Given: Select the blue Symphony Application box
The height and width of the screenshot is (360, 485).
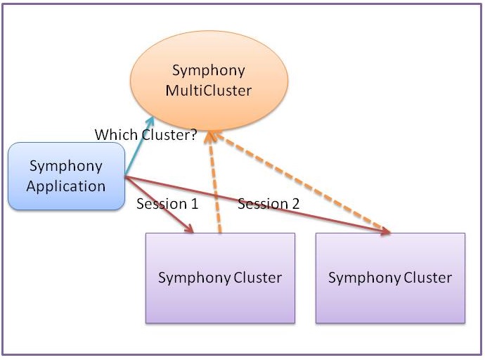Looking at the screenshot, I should [x=67, y=176].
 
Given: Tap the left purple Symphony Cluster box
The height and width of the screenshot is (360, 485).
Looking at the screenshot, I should [x=220, y=278].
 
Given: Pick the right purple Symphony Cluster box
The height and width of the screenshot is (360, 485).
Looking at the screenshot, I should [x=390, y=278].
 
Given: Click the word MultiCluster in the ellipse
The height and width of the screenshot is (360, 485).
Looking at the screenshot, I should [x=209, y=91].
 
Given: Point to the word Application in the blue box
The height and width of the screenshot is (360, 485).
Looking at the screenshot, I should [x=67, y=186].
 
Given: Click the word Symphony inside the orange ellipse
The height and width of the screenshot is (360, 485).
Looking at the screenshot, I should [x=209, y=70].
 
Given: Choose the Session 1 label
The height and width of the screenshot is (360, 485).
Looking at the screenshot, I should [x=167, y=205].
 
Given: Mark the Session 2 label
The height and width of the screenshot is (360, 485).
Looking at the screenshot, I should [x=269, y=205].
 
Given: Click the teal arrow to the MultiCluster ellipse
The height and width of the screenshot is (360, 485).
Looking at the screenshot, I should [x=139, y=147].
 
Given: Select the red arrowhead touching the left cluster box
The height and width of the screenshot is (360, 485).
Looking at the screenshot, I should [x=188, y=228].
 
